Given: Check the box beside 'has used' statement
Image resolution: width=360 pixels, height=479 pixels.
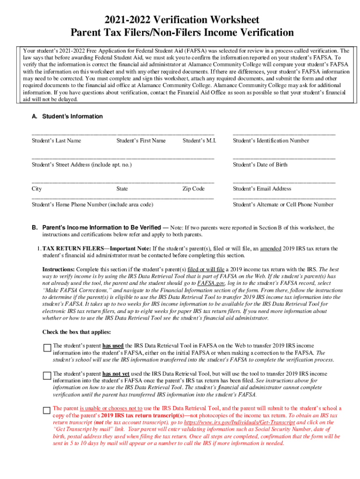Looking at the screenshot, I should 47,348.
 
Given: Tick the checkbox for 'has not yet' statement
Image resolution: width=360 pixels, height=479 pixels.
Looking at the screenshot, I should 47,376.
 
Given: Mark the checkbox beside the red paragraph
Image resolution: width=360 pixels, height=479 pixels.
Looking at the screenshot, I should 47,410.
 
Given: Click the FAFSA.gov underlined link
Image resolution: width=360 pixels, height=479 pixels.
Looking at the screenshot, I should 211,283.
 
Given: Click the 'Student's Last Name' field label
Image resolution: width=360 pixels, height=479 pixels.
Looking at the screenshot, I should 56,140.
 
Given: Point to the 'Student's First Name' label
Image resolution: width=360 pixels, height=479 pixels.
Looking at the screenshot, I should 141,140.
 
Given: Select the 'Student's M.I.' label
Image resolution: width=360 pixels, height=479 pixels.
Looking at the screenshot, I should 199,140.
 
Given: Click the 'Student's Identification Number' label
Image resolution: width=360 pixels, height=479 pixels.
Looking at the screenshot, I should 271,140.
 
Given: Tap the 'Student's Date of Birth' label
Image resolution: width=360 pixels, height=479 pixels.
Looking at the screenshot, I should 260,165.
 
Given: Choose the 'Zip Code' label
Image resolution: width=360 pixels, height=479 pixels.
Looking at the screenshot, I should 194,189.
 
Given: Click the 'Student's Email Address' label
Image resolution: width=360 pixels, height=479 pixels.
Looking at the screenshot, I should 262,189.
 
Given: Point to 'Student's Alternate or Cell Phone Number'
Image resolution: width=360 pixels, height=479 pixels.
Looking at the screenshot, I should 283,204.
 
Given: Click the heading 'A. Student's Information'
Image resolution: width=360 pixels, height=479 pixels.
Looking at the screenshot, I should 67,116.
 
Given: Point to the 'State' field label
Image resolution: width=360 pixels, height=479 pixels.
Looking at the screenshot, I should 122,189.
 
